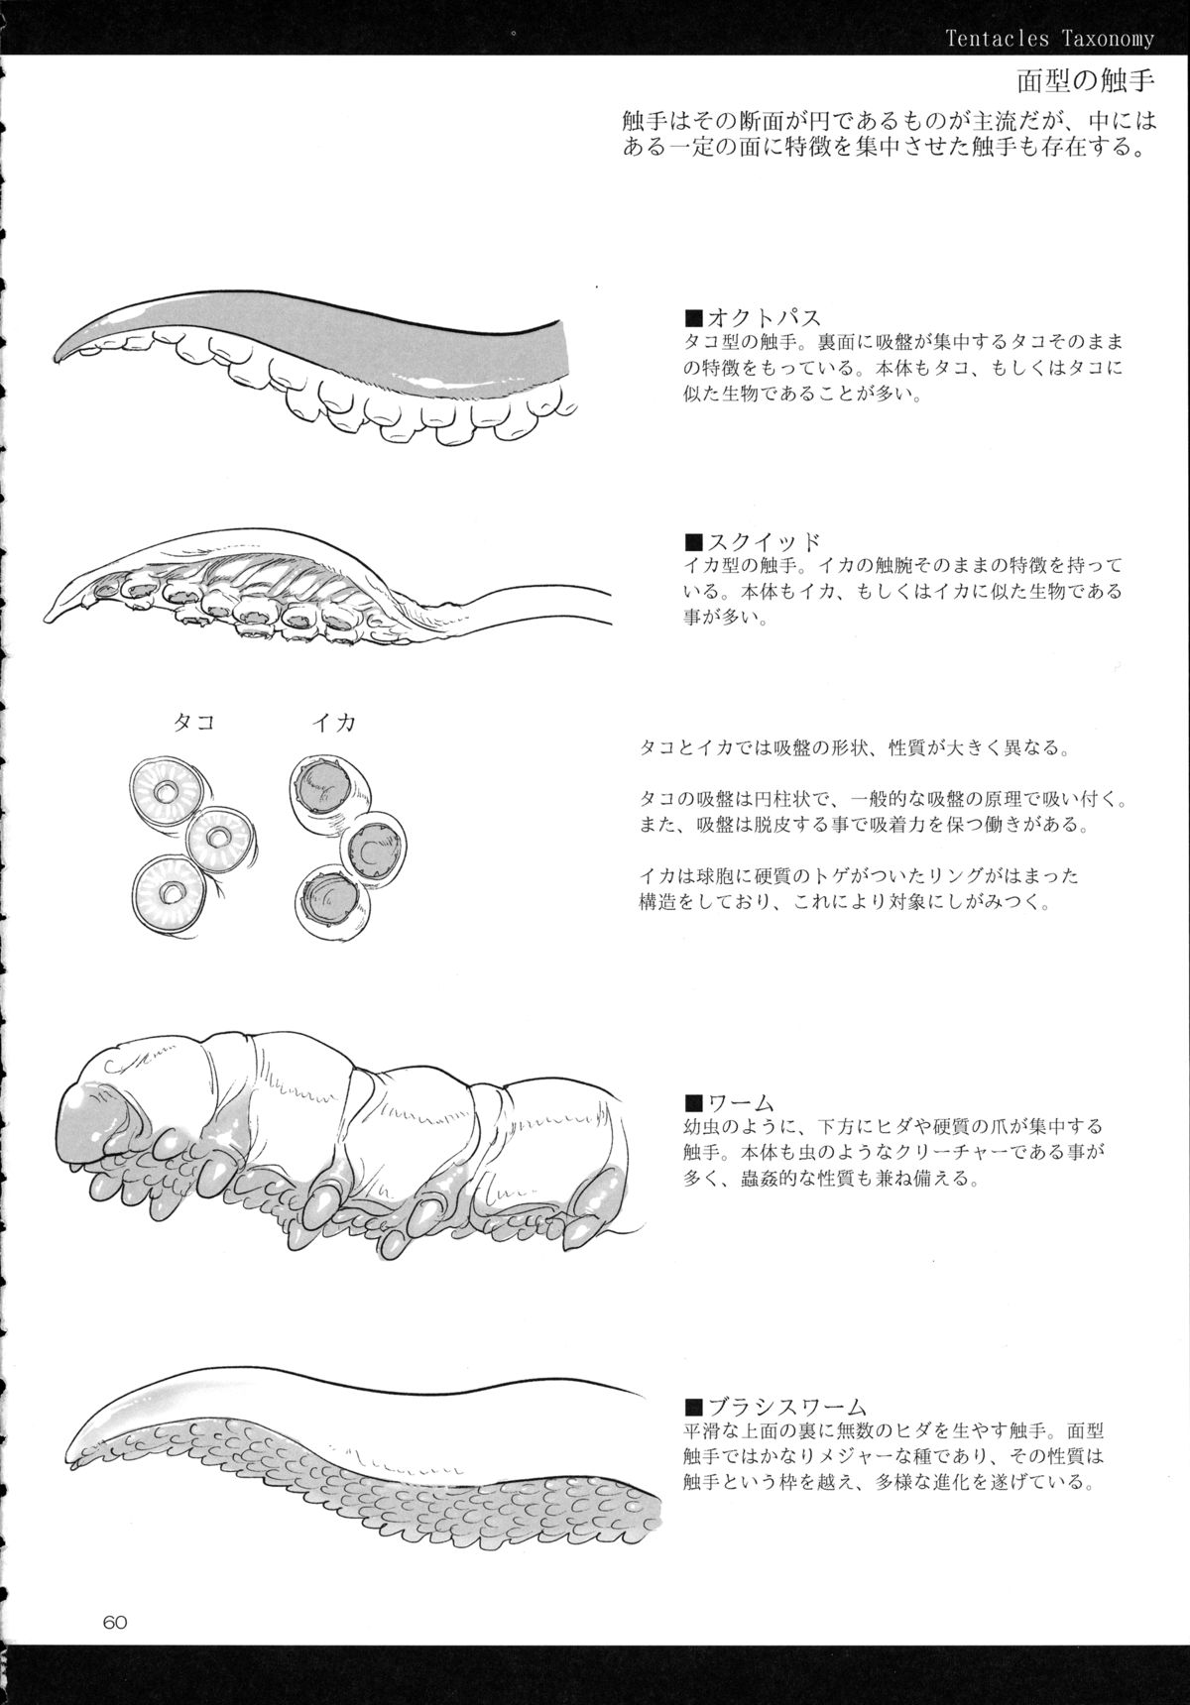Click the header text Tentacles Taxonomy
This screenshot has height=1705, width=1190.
click(1050, 39)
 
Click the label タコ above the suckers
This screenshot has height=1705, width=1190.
click(193, 723)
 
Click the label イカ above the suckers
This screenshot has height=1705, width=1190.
click(333, 723)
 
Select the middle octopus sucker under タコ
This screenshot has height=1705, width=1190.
click(224, 838)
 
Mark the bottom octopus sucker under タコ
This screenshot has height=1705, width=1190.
click(170, 893)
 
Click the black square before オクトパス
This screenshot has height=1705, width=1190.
click(694, 319)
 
